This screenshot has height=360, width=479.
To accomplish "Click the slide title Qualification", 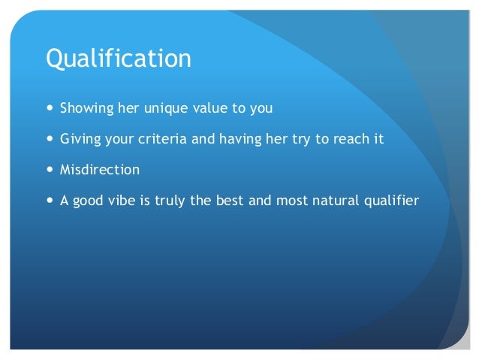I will [x=119, y=59].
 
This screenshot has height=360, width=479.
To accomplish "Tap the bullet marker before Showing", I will [x=50, y=108].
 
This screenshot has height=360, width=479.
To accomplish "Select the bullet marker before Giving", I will [x=50, y=139].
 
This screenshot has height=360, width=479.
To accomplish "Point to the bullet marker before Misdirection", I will [x=50, y=170].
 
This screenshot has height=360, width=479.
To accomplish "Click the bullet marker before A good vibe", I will [x=50, y=201].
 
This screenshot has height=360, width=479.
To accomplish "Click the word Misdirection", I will [x=100, y=170].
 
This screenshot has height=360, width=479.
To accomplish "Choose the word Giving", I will [x=77, y=139].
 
